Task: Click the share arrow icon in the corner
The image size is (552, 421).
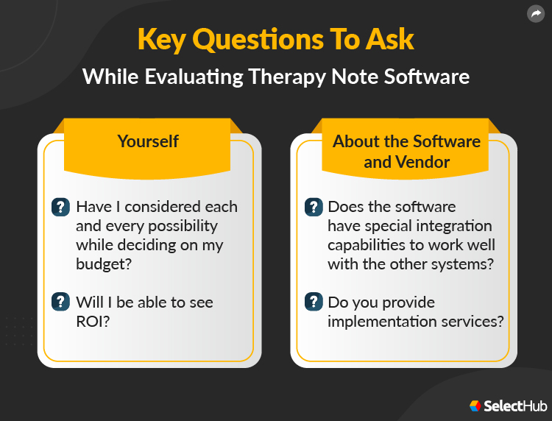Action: (x=535, y=13)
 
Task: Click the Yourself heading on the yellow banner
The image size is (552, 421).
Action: (x=148, y=141)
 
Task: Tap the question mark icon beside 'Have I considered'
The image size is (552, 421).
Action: (x=60, y=207)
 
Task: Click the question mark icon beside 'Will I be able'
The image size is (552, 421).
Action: (x=60, y=302)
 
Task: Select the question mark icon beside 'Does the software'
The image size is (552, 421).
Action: (x=314, y=207)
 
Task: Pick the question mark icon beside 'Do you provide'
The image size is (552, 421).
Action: (x=314, y=302)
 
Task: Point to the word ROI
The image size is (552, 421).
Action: (x=92, y=321)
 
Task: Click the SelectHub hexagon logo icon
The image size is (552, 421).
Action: (x=475, y=406)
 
